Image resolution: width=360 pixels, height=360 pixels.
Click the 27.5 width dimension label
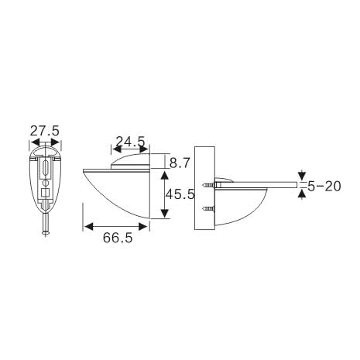[45, 132]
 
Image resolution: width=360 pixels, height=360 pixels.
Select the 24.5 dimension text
[130, 142]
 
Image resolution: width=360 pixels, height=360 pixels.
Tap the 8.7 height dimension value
[179, 163]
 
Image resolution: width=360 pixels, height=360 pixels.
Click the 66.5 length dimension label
[117, 239]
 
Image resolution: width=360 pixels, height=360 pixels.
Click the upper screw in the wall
[207, 187]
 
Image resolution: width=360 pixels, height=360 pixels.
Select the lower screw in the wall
[207, 208]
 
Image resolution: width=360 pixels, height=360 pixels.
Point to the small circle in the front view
[45, 183]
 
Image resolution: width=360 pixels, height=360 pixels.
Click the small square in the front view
[45, 194]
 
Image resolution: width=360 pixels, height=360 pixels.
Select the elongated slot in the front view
[45, 166]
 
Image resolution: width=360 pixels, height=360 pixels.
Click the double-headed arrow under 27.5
[45, 143]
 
